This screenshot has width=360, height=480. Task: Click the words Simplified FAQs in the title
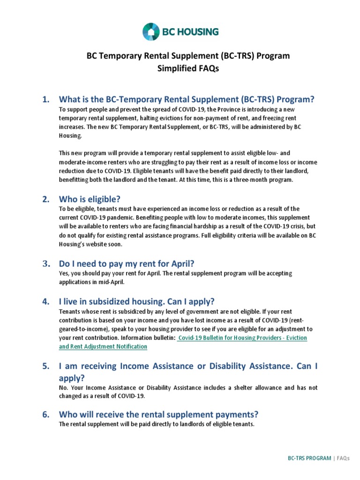tap(180, 68)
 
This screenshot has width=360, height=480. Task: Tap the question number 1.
tap(45, 99)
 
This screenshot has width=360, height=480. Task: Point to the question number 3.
tap(45, 263)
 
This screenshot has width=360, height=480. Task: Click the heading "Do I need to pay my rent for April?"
tap(126, 263)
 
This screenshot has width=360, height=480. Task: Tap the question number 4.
tap(45, 301)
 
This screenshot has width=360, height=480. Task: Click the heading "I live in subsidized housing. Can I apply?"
tap(136, 301)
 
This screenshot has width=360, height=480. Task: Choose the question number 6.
tap(45, 415)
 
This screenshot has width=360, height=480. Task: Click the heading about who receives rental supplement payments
tap(158, 415)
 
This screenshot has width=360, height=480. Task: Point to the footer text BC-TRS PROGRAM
tap(309, 458)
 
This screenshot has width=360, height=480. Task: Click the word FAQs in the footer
tap(343, 458)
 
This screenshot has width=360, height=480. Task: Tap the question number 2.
tap(45, 199)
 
